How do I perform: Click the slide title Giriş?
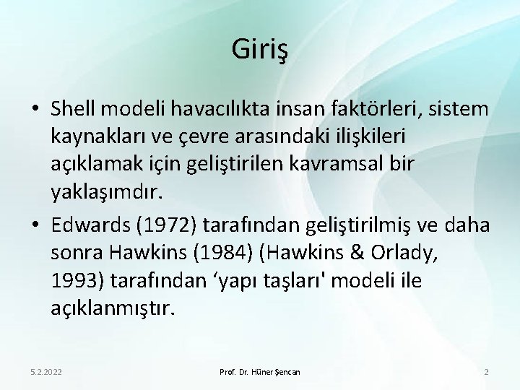260,50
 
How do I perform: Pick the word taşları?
285,280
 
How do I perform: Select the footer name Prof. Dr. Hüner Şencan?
260,372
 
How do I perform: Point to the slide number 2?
486,372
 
